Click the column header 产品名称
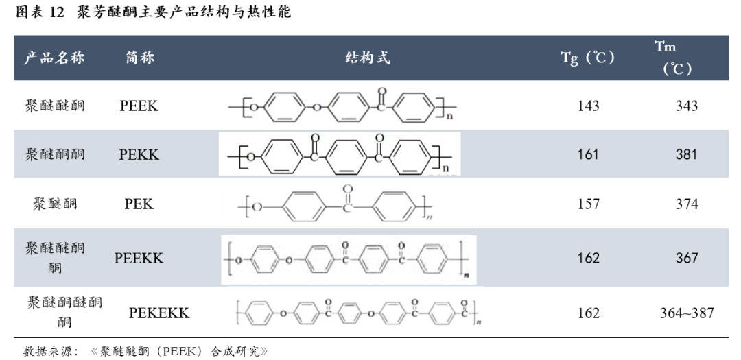point(54,58)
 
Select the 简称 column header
point(140,58)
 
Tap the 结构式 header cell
point(367,58)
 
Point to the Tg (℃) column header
point(587,58)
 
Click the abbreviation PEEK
point(139,106)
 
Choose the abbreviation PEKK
point(139,154)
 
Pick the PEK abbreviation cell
point(139,204)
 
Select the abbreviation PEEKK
point(139,258)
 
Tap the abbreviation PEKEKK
point(159,313)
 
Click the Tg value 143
point(588,106)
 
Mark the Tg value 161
point(588,154)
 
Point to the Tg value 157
point(588,204)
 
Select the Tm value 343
point(686,106)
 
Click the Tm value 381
point(686,154)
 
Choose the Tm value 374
point(686,204)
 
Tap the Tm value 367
point(686,258)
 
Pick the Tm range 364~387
point(686,313)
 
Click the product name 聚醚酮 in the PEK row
point(55,204)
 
